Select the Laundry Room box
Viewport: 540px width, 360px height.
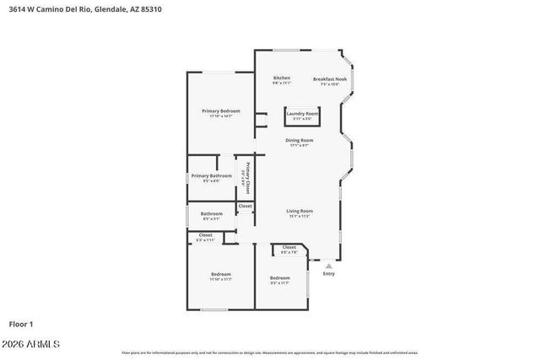pyautogui.click(x=302, y=116)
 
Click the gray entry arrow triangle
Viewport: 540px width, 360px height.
pyautogui.click(x=328, y=266)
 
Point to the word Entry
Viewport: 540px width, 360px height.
pyautogui.click(x=328, y=273)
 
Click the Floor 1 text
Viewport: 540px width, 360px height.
pyautogui.click(x=21, y=324)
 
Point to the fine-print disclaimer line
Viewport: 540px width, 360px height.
pyautogui.click(x=269, y=352)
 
